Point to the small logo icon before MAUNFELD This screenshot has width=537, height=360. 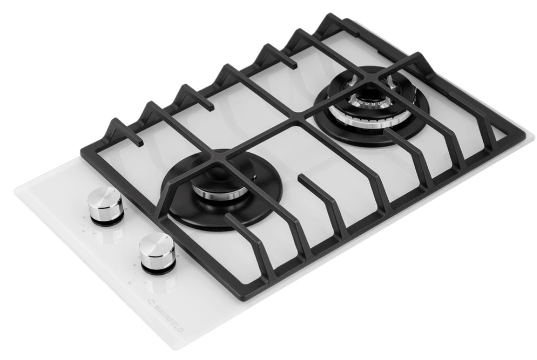(x=150, y=302)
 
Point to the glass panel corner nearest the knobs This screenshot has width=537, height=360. (x=14, y=189)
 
